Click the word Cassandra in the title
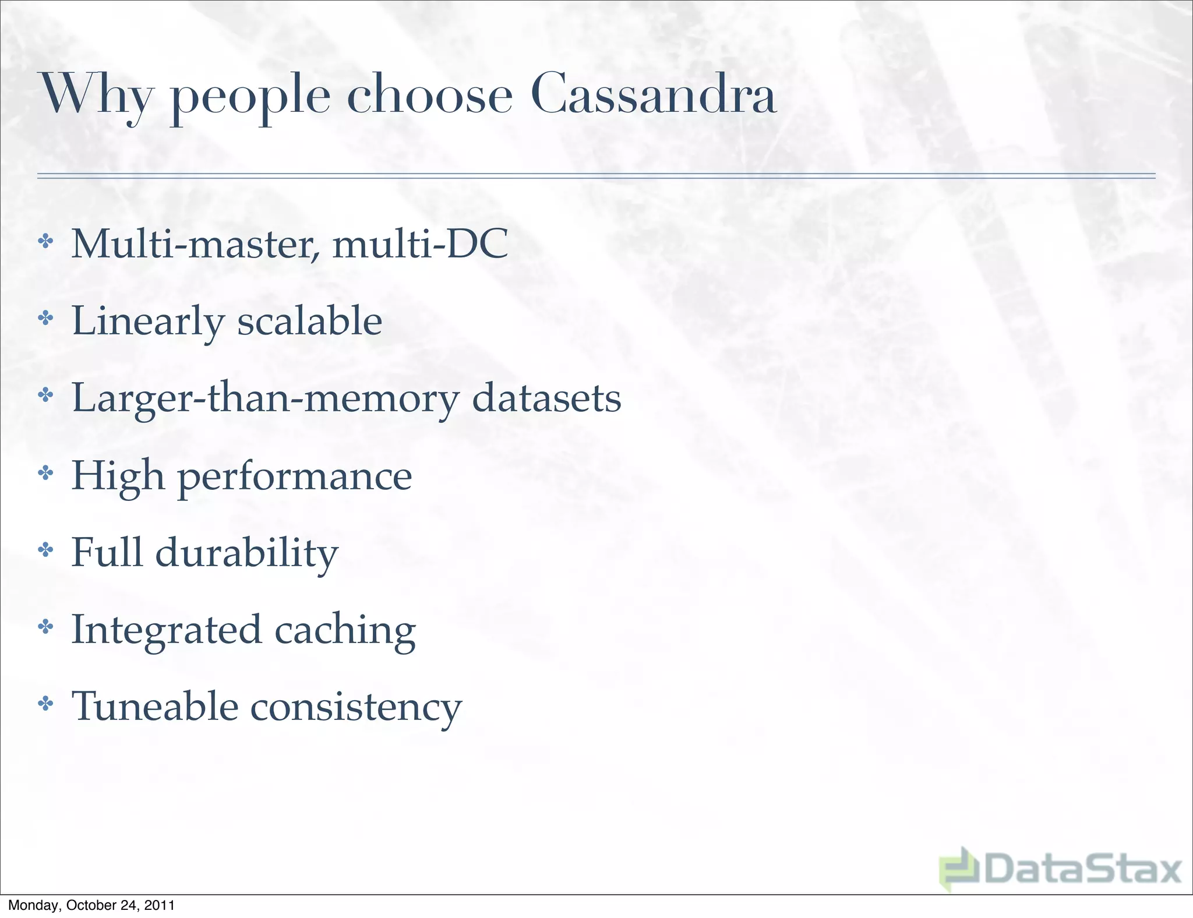(653, 94)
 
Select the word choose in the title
(429, 94)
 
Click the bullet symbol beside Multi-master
(45, 242)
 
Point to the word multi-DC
(420, 243)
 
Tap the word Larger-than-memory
(265, 399)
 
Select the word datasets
(546, 398)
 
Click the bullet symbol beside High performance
(45, 472)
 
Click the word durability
(246, 553)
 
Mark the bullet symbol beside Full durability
(45, 549)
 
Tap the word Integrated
(166, 630)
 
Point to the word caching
(345, 630)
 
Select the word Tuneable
(155, 706)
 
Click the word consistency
(356, 707)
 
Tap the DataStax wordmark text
(1082, 870)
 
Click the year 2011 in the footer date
(159, 905)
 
